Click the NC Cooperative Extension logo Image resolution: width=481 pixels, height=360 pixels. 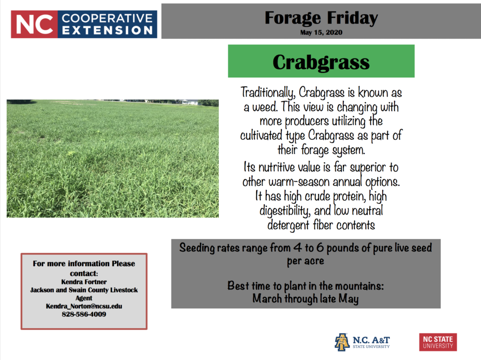pyautogui.click(x=84, y=24)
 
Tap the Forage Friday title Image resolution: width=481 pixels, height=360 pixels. pyautogui.click(x=321, y=18)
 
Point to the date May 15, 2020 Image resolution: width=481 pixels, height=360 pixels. pyautogui.click(x=321, y=32)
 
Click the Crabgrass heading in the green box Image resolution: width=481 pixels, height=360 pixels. pyautogui.click(x=321, y=62)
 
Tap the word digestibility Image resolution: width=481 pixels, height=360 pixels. pyautogui.click(x=285, y=211)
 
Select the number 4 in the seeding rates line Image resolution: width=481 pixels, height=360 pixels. pyautogui.click(x=297, y=247)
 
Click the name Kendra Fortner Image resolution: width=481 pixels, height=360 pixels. pyautogui.click(x=84, y=282)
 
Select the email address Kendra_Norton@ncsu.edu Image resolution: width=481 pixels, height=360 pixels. pyautogui.click(x=84, y=306)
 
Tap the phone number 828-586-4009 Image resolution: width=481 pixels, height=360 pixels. pyautogui.click(x=84, y=314)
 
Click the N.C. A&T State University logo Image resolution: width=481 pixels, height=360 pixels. pyautogui.click(x=362, y=342)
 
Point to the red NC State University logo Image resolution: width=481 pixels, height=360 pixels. pyautogui.click(x=438, y=342)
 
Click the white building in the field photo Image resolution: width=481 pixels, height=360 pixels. pyautogui.click(x=188, y=102)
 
